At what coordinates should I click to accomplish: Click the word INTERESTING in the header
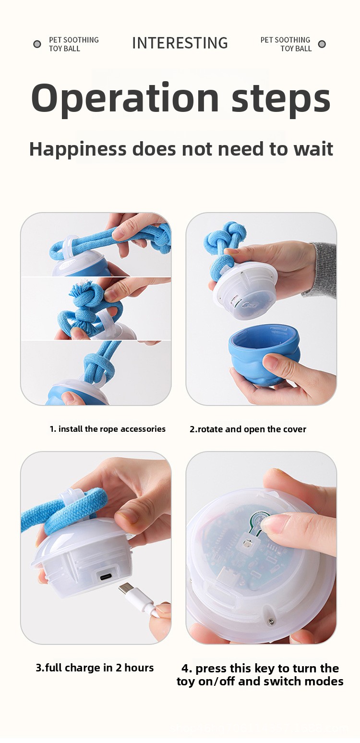click(x=180, y=43)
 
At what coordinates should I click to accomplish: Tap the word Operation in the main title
click(x=125, y=98)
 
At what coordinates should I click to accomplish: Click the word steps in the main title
click(x=281, y=98)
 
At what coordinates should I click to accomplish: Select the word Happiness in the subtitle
click(x=78, y=149)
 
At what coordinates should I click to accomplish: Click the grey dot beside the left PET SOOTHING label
click(x=37, y=44)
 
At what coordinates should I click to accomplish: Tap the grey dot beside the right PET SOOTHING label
click(x=322, y=44)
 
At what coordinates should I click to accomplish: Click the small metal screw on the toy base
click(x=271, y=621)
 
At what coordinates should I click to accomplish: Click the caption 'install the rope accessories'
click(x=112, y=429)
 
